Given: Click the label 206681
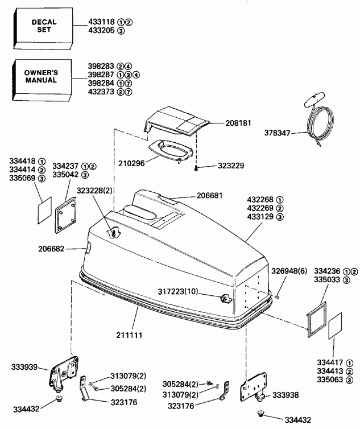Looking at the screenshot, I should pos(209,195).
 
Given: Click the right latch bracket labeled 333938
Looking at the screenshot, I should pos(253,390).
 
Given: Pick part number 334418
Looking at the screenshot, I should pos(21,161).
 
